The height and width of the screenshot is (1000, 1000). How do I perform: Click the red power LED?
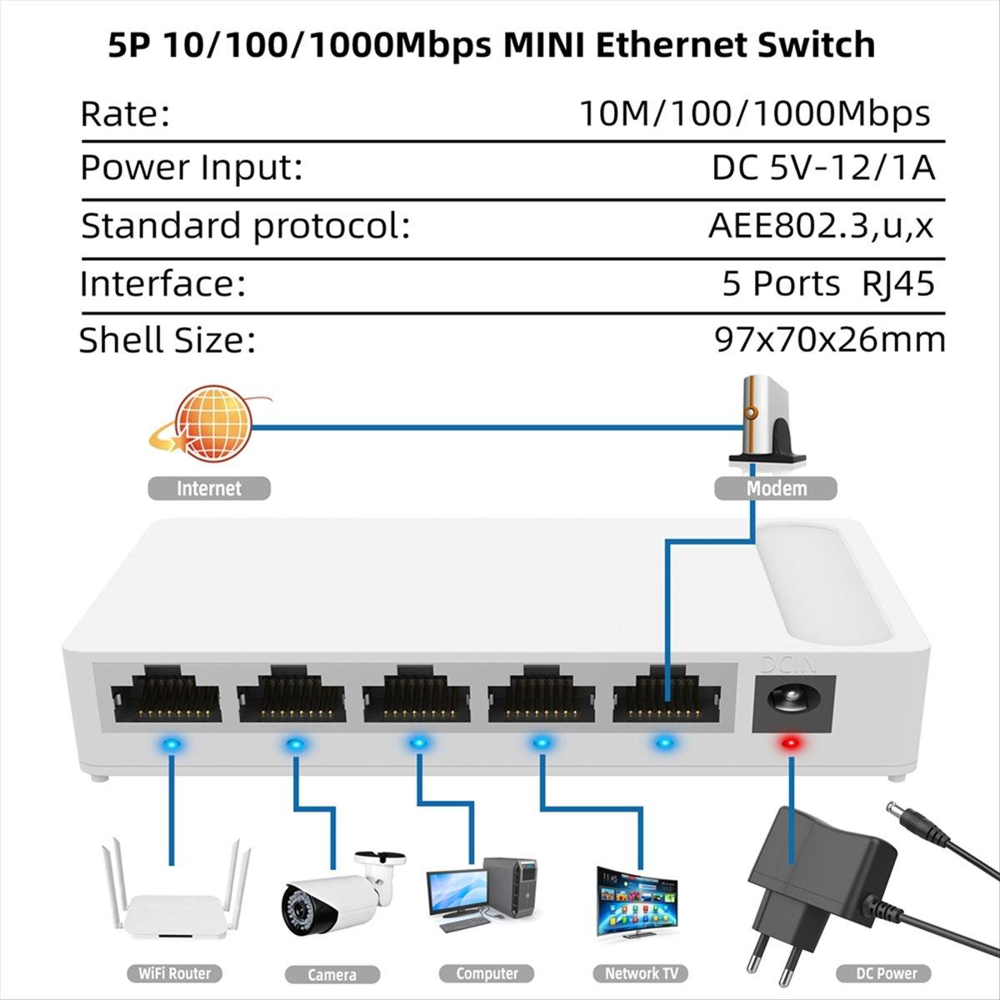click(x=788, y=742)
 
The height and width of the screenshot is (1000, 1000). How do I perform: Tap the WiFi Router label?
click(x=169, y=972)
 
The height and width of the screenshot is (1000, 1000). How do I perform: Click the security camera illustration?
click(x=337, y=892)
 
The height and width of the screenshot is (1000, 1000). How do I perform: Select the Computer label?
click(x=487, y=972)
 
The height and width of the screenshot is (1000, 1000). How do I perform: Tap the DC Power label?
click(x=886, y=972)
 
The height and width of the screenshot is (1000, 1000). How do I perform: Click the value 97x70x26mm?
click(x=830, y=340)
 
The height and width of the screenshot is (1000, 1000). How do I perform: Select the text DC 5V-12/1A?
click(x=823, y=168)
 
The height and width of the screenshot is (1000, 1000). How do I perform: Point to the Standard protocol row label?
click(x=245, y=226)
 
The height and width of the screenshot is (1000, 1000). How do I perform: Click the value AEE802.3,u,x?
click(x=821, y=226)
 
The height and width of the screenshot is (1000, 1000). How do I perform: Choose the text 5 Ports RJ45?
click(x=827, y=284)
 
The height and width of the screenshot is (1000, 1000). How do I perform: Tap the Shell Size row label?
click(x=167, y=340)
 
